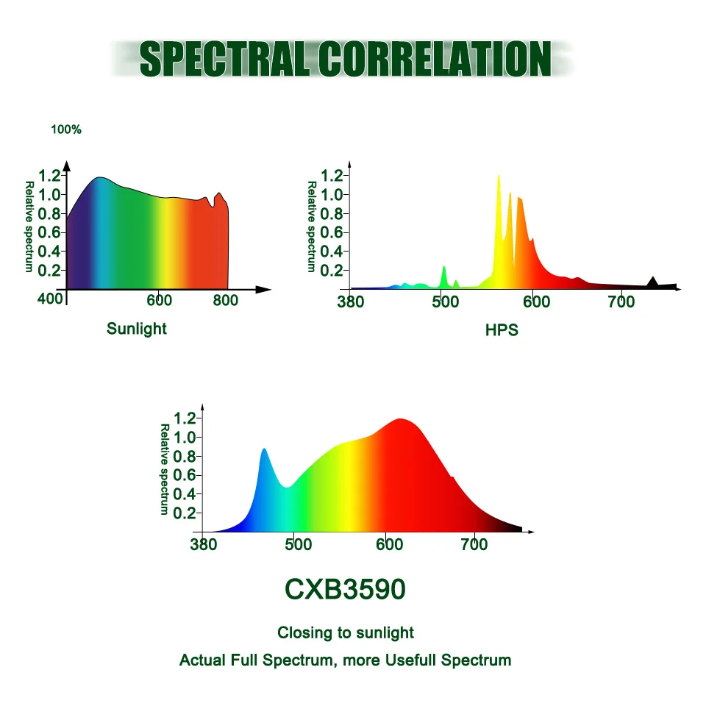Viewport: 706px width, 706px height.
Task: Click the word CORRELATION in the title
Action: pos(435,59)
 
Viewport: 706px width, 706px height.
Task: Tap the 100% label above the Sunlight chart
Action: pos(66,129)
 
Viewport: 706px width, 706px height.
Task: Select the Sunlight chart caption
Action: pos(137,329)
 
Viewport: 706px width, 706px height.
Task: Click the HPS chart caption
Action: pos(502,330)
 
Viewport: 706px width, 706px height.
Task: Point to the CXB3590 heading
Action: pos(345,589)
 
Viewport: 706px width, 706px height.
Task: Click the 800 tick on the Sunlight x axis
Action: pos(226,300)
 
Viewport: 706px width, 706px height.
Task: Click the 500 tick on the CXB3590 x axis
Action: pos(298,545)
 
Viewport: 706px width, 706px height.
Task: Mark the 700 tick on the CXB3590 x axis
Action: pos(474,545)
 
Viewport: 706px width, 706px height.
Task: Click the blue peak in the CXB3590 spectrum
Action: pos(264,450)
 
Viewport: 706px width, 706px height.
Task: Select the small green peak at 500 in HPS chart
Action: pos(443,269)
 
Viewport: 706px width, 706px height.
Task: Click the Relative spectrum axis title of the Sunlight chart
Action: pos(29,227)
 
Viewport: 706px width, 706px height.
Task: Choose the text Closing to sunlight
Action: pos(346,632)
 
